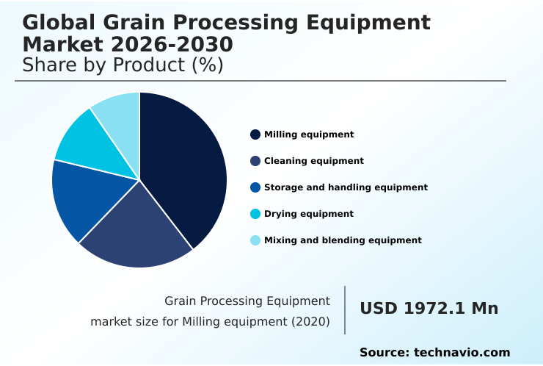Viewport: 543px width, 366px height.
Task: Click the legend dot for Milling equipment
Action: [255, 134]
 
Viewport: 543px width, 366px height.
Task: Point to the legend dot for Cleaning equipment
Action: [255, 161]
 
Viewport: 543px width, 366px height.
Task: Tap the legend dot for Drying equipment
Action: [255, 214]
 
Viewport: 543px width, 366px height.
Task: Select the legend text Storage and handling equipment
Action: [346, 187]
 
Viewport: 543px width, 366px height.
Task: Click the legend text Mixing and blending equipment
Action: [343, 240]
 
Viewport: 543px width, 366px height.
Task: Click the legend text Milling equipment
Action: [309, 134]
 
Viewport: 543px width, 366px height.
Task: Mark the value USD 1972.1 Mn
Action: [429, 309]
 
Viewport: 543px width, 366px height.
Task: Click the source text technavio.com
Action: [462, 353]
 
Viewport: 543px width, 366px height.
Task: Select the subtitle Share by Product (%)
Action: [123, 65]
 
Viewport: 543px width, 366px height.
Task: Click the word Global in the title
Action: [58, 23]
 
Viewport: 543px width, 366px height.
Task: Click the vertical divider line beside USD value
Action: [345, 310]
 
